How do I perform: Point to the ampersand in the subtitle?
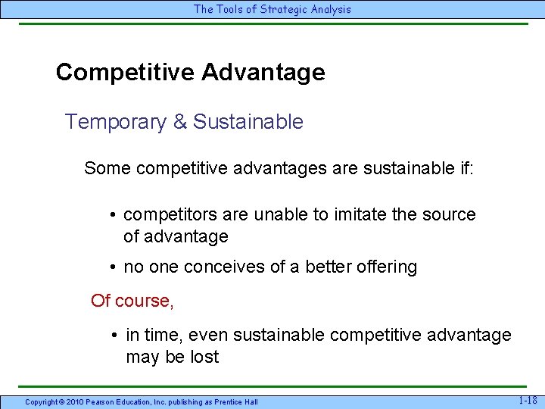coord(180,122)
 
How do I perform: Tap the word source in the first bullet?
coord(448,215)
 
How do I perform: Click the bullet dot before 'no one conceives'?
coord(112,267)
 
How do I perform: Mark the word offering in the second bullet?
coord(385,267)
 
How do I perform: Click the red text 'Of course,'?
coord(132,301)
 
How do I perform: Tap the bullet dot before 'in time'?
coord(112,336)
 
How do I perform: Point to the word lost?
coord(203,357)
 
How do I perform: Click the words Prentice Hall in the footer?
coord(237,401)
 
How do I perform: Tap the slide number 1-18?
coord(528,400)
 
